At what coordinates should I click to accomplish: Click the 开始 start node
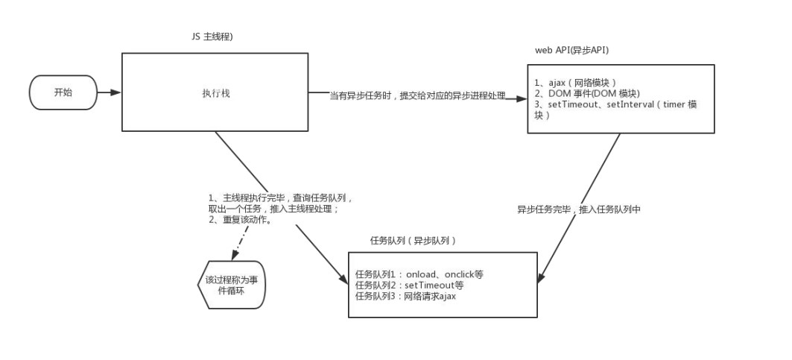[x=63, y=93]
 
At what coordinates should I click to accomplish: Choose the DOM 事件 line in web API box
[x=585, y=93]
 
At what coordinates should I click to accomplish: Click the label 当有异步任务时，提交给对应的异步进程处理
[x=417, y=96]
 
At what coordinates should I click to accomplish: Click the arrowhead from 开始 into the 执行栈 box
[x=115, y=93]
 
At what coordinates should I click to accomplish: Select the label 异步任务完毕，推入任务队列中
[x=579, y=210]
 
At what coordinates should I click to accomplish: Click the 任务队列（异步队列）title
[x=413, y=241]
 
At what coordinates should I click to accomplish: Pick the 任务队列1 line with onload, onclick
[x=419, y=274]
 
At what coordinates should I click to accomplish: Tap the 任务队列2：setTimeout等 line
[x=410, y=285]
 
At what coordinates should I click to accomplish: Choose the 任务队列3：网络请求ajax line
[x=405, y=296]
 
